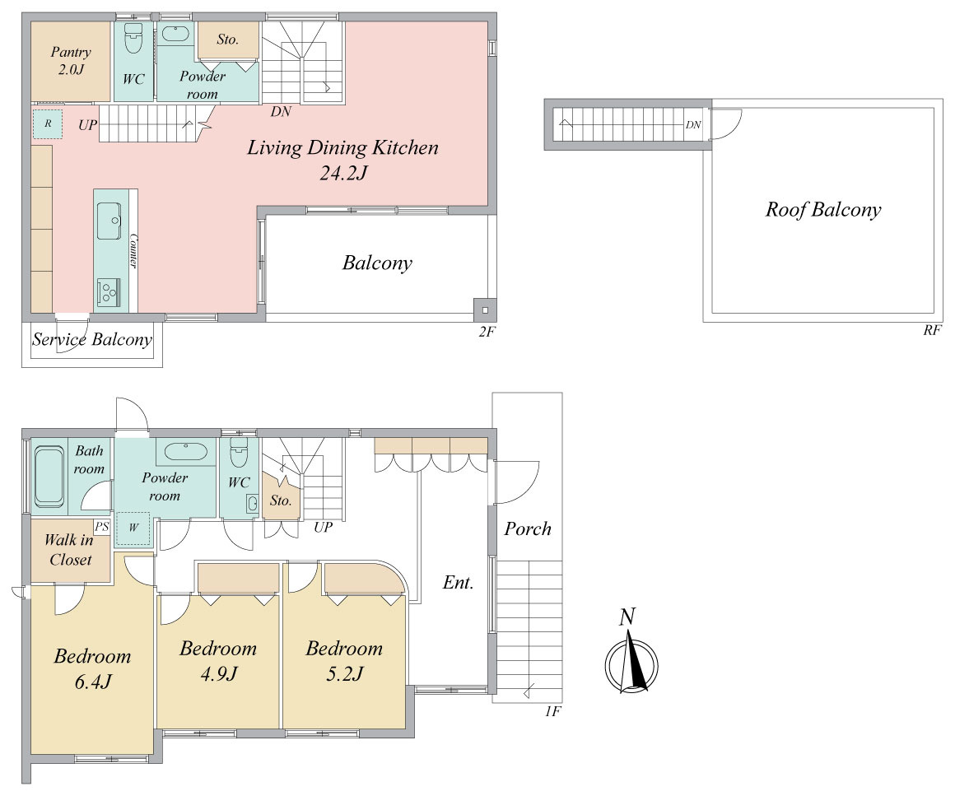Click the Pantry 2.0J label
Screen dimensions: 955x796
click(71, 61)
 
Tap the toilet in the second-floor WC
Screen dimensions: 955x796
click(133, 39)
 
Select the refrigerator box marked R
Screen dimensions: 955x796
click(48, 123)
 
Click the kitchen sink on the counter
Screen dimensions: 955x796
click(109, 221)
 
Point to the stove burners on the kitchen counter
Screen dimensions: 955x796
click(109, 292)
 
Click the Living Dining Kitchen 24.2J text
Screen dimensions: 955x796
click(343, 161)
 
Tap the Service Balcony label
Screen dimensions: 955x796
click(92, 340)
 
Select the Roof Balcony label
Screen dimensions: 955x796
click(823, 210)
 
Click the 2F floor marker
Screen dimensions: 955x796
click(487, 332)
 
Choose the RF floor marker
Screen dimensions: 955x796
click(932, 330)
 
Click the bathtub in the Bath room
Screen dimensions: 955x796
click(49, 477)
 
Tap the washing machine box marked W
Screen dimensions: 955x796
click(133, 528)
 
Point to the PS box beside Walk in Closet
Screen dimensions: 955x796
click(102, 526)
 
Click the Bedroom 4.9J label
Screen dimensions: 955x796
click(218, 661)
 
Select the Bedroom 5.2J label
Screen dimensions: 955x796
click(344, 661)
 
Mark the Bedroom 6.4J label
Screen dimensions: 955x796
click(92, 668)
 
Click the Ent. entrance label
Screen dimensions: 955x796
click(458, 583)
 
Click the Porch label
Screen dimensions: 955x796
click(528, 528)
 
